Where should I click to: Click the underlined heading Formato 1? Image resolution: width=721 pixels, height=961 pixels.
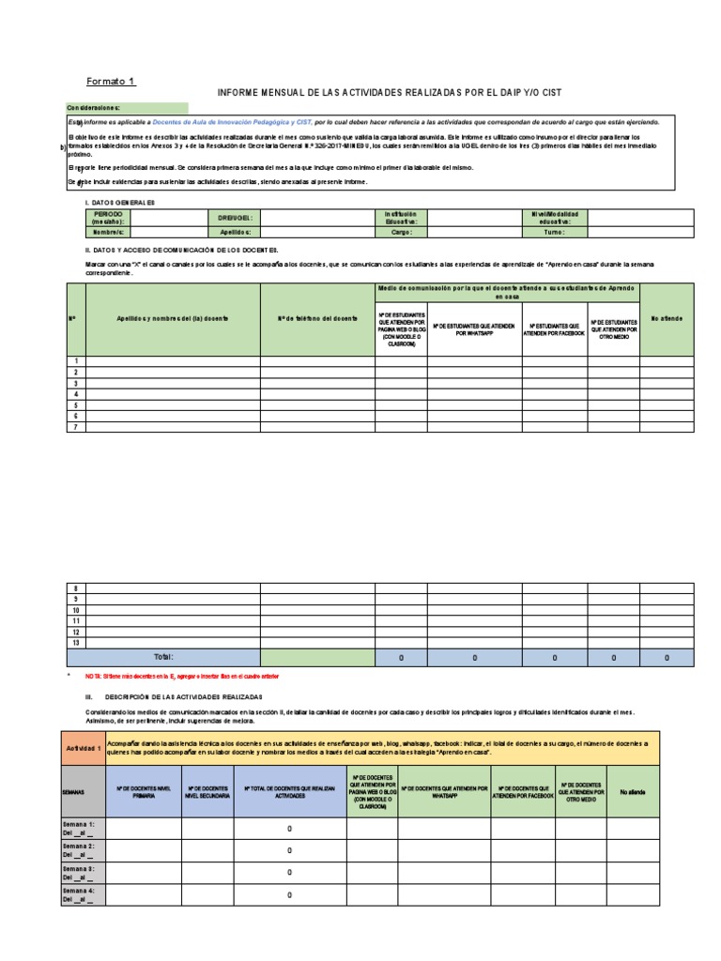click(x=112, y=81)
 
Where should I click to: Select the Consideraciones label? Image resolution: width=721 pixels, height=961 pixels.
click(x=93, y=108)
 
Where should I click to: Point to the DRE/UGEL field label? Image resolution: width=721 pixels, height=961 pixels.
click(x=236, y=218)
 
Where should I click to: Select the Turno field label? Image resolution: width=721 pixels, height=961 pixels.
click(x=555, y=231)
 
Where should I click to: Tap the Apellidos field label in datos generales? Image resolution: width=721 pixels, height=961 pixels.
click(x=236, y=231)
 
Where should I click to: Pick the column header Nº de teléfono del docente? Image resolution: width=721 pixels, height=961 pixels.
click(x=317, y=319)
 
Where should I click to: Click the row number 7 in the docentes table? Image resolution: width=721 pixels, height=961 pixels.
click(x=75, y=427)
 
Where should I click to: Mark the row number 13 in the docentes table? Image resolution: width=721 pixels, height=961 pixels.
click(x=75, y=642)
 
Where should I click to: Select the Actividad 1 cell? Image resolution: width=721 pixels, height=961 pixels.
click(x=84, y=748)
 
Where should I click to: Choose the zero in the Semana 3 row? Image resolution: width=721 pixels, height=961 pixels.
click(x=290, y=873)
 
